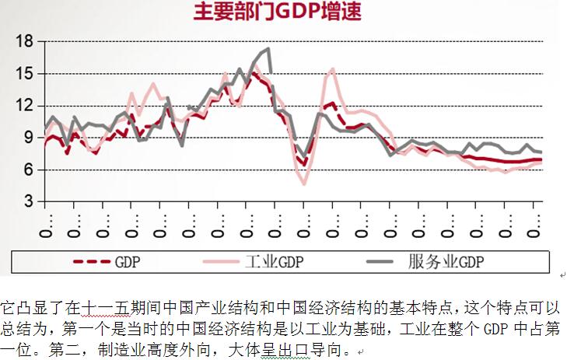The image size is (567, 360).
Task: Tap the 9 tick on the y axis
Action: [28, 137]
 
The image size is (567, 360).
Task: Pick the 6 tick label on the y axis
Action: [28, 170]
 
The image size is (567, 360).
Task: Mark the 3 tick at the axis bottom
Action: [28, 201]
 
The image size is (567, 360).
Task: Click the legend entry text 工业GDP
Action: [279, 261]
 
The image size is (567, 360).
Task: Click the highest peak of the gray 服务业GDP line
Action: [268, 49]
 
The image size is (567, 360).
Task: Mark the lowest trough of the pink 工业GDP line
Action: [304, 183]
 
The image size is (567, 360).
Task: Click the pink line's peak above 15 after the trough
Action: [333, 68]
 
